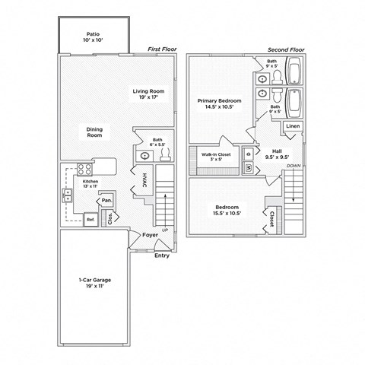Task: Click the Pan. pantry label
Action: [108, 202]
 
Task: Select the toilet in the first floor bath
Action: [165, 152]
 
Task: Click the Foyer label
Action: [150, 235]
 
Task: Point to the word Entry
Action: [162, 255]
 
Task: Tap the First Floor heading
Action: [161, 49]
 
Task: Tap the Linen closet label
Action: [293, 125]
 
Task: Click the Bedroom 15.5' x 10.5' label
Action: [227, 211]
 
